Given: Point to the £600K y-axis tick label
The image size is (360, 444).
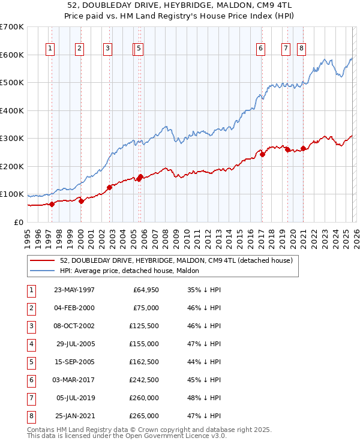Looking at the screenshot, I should click(12, 55).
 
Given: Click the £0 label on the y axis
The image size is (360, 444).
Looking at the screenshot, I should click(19, 222).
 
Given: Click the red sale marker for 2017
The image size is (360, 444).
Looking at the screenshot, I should click(263, 154).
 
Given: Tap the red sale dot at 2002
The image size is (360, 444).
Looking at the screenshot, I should click(110, 187).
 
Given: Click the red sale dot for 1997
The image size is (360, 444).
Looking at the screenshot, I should click(52, 204).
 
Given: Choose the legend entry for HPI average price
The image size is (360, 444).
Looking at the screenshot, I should click(133, 271).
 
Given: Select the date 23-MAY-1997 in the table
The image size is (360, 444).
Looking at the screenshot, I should click(74, 290).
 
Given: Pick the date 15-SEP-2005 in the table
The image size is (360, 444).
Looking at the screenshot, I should click(74, 362).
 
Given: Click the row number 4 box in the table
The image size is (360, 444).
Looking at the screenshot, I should click(30, 344).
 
